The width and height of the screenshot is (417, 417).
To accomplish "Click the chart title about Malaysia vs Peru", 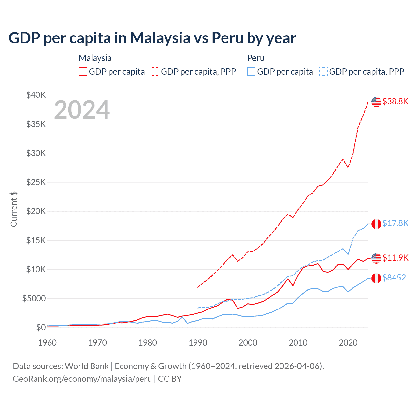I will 152,38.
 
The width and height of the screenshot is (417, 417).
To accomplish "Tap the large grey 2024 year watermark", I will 82,110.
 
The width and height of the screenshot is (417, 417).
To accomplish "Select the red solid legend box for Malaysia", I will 83,72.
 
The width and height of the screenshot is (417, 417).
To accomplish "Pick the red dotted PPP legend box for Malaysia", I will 155,72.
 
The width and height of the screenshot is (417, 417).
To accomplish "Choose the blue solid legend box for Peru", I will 251,72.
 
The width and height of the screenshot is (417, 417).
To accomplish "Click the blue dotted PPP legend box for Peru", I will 324,72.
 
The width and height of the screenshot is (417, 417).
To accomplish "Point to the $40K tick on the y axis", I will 36,95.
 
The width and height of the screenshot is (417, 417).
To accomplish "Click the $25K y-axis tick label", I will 36,182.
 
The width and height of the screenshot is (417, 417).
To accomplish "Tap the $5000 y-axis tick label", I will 34,298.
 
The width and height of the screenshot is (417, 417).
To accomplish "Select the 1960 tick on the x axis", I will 48,343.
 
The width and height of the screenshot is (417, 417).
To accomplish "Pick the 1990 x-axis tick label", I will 198,343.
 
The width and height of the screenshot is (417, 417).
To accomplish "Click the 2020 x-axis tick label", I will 348,343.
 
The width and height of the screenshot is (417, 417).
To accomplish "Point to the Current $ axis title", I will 14,209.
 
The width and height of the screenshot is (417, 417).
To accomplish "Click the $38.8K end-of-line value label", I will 395,101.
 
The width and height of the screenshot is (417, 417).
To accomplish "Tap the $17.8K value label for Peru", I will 395,223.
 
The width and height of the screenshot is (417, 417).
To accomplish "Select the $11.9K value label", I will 395,258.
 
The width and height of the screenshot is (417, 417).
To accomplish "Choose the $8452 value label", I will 394,278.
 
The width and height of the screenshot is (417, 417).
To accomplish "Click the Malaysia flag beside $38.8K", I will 376,102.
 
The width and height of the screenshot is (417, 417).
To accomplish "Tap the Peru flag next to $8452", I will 376,278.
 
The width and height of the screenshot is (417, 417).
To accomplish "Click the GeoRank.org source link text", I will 82,379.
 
